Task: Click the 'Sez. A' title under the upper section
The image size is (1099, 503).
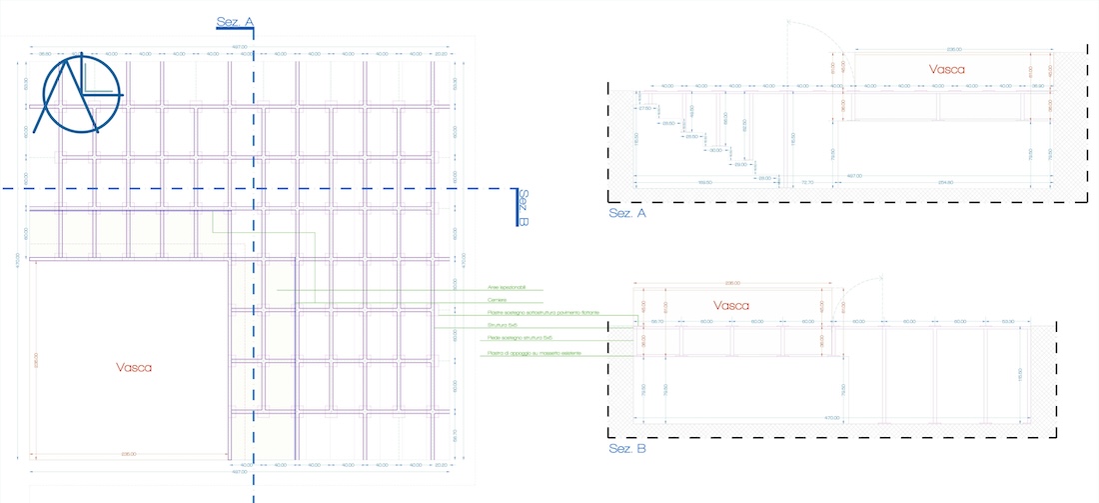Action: [627, 213]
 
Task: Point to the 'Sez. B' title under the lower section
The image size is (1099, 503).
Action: [627, 449]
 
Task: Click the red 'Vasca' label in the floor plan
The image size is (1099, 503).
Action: [134, 367]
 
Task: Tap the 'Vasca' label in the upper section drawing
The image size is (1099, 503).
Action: [946, 70]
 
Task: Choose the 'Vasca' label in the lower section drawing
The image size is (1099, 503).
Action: [732, 304]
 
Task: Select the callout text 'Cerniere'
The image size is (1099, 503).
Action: [498, 300]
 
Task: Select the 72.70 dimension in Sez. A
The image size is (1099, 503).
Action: [807, 182]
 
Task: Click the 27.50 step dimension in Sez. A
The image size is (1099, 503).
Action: [644, 108]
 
